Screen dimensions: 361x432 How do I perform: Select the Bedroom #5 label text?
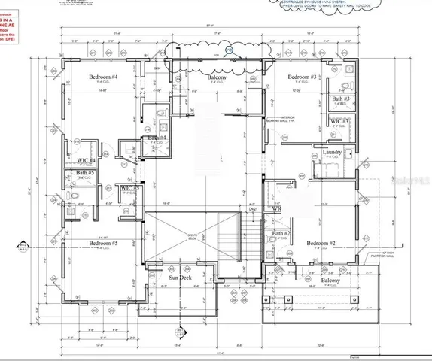coord(104,244)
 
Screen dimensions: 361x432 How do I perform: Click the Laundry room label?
coord(333,153)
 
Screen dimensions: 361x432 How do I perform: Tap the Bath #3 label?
coord(341,99)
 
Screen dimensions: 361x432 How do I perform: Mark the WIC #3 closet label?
coord(340,121)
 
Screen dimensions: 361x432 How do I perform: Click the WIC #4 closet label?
coord(87,160)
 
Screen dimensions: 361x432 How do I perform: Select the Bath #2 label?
coord(281,234)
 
